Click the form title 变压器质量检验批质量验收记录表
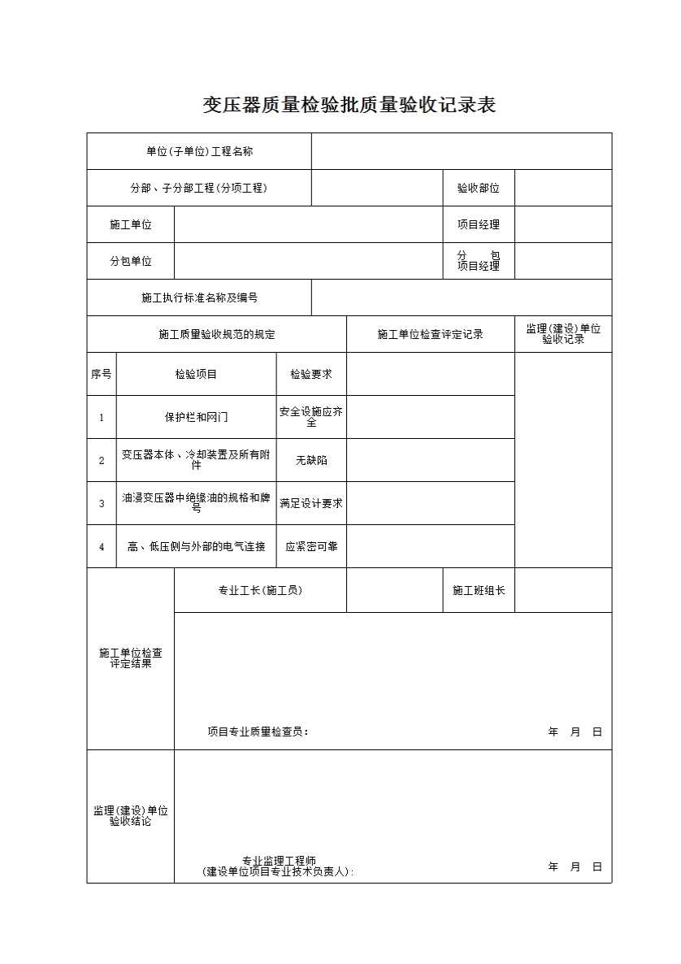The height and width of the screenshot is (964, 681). [x=349, y=106]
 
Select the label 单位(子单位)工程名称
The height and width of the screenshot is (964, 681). [x=199, y=151]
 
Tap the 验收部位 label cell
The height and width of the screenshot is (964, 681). [x=478, y=188]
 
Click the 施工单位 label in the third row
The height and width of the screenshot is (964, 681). [x=131, y=224]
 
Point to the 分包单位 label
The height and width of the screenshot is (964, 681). [x=131, y=261]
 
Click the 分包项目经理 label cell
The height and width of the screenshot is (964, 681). [x=478, y=261]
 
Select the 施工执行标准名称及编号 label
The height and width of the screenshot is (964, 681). [x=199, y=297]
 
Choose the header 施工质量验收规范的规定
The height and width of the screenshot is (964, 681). [x=216, y=334]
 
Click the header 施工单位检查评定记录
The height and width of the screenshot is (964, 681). [x=430, y=334]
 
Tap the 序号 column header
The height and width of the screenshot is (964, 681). [x=102, y=374]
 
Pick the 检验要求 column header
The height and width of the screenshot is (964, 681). [x=311, y=374]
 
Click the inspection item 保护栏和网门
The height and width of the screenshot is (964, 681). [x=196, y=417]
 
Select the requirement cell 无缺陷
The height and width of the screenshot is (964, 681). [x=311, y=460]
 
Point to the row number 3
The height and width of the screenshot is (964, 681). [x=102, y=503]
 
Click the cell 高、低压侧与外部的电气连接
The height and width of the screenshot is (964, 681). [x=196, y=546]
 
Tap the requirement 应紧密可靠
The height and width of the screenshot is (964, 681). [x=311, y=546]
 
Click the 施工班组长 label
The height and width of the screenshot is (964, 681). [x=479, y=590]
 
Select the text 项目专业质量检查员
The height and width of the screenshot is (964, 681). [x=258, y=732]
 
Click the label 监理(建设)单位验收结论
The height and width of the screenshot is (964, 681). [x=130, y=816]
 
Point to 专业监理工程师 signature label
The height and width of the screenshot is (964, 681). [x=279, y=861]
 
